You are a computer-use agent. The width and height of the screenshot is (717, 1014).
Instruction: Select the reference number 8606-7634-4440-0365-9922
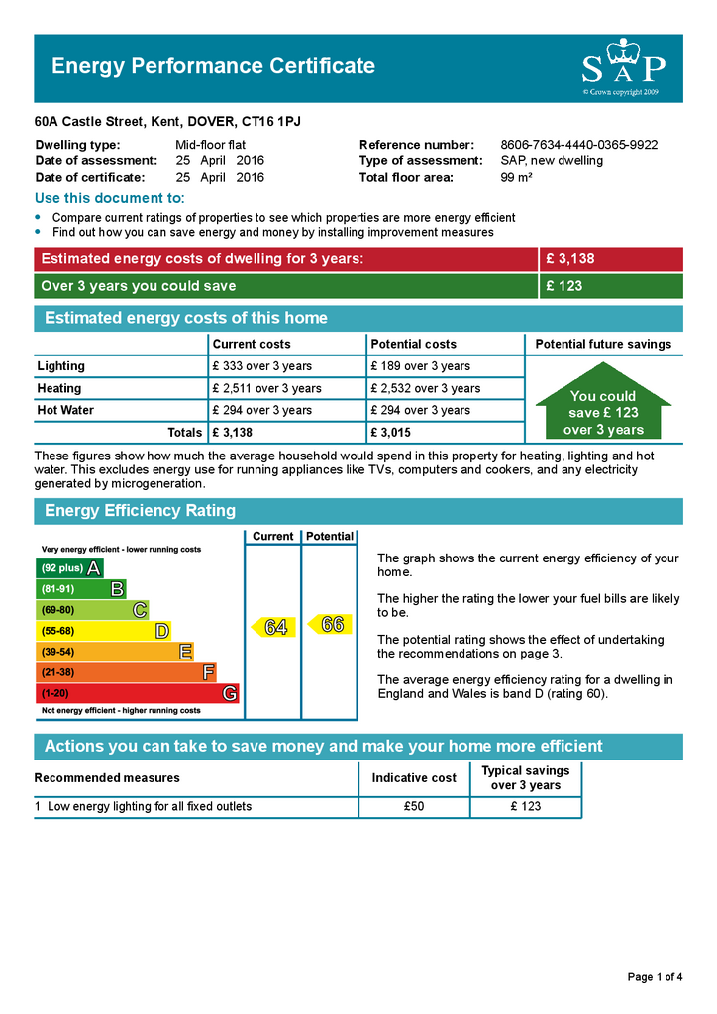point(578,145)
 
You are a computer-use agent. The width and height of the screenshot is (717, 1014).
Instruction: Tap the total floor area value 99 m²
point(517,178)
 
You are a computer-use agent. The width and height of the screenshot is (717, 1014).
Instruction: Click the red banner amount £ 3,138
point(570,259)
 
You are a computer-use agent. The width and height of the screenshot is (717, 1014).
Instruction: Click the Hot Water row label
point(65,410)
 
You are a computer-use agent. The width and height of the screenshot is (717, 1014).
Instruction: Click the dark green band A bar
point(69,568)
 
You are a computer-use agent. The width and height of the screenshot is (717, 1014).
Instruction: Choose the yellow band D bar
point(103,631)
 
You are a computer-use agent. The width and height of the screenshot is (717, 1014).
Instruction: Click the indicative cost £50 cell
point(414,806)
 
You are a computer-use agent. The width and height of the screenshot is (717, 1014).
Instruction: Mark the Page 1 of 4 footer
point(655,977)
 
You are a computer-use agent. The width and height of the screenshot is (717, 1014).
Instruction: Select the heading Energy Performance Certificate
point(213,66)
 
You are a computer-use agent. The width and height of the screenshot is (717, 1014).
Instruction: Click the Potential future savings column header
point(603,344)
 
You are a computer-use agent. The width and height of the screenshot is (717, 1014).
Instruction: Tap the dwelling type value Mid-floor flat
point(210,145)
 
